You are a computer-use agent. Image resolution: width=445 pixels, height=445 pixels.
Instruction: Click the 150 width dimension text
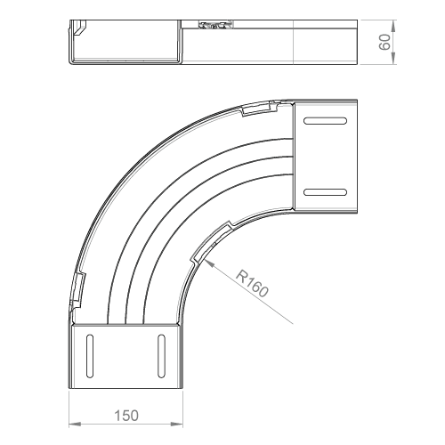point(126,416)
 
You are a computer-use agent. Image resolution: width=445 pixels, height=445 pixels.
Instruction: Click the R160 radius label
point(253,283)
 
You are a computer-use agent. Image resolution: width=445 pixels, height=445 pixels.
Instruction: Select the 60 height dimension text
point(384,42)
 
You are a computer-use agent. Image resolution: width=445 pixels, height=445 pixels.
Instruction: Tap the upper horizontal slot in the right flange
point(325,121)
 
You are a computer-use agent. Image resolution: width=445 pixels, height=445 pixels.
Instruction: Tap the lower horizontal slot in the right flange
point(325,192)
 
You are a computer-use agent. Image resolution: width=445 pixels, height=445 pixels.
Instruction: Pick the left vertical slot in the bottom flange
point(90,356)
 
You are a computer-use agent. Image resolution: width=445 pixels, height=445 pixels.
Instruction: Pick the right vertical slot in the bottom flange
point(161,356)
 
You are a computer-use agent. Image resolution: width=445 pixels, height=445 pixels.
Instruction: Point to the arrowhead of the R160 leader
point(209,263)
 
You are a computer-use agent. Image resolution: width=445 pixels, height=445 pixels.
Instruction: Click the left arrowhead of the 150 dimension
point(75,424)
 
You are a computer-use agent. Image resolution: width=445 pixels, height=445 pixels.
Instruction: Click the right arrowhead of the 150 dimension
point(177,424)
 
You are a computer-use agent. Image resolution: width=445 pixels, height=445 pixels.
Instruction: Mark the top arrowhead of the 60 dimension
point(393,26)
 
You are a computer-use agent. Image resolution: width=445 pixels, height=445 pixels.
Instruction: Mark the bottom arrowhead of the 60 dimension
point(393,58)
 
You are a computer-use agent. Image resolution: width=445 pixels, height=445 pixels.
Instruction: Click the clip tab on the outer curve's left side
point(78,290)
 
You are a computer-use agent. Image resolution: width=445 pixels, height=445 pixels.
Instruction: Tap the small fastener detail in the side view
point(216,25)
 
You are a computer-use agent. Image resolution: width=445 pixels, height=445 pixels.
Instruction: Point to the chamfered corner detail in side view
point(79,28)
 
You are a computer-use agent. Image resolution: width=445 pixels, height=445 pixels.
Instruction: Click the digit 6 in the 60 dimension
point(384,46)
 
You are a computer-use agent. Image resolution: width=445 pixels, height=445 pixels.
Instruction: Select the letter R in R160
point(240,274)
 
